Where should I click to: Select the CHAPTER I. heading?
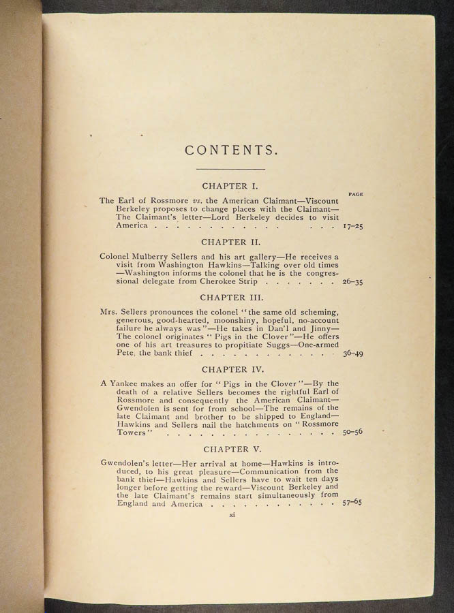click(x=229, y=185)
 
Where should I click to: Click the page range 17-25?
click(x=352, y=225)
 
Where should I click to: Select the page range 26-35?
click(x=352, y=281)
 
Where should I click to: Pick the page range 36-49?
click(x=352, y=353)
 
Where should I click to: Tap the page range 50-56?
click(x=352, y=433)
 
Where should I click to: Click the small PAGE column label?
click(x=355, y=194)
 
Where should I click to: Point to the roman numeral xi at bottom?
click(x=232, y=516)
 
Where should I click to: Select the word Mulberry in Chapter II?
click(x=155, y=256)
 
